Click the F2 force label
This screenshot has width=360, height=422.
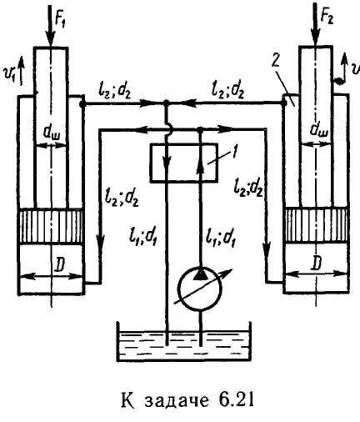(327, 18)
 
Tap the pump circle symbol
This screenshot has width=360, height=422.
(200, 289)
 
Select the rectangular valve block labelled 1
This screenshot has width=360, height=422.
(183, 163)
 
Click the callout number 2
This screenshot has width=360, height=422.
(276, 62)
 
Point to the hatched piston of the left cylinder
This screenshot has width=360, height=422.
(51, 225)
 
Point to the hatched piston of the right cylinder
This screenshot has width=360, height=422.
(317, 225)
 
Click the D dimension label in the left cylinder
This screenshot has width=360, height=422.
(59, 265)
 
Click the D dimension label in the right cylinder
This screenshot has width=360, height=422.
(317, 262)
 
